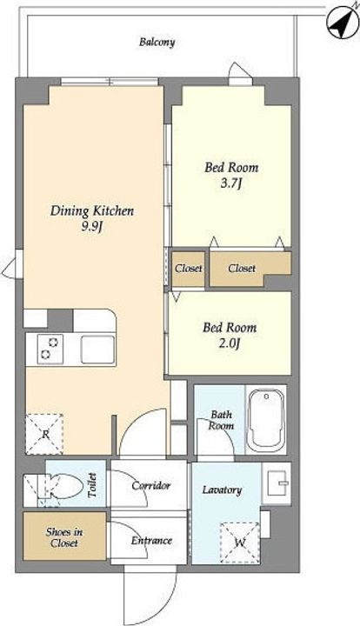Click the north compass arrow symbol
343,23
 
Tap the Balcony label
157,42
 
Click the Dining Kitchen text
92,210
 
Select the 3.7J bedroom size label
231,184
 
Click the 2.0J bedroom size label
229,343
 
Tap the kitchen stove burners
50,349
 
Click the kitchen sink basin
97,350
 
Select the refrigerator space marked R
44,434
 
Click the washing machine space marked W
239,543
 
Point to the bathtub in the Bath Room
265,420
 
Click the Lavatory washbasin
277,483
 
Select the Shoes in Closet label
64,537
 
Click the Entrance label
151,541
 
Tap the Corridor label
150,486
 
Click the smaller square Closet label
189,269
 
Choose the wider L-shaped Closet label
242,269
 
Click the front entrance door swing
150,595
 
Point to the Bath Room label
221,420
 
